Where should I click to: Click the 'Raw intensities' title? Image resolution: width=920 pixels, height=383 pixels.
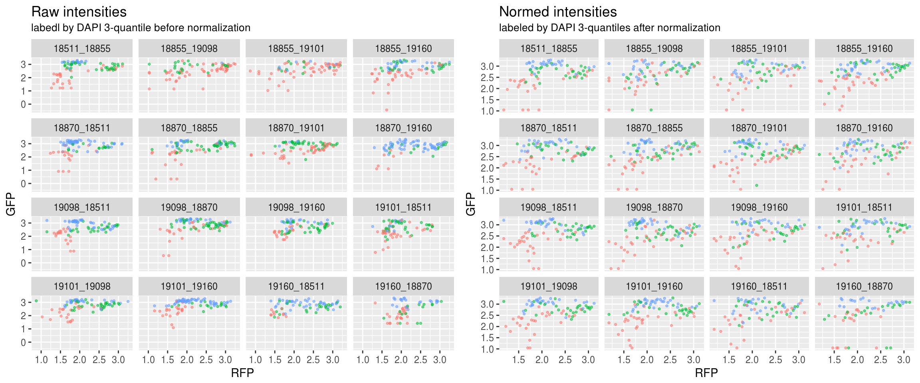[79, 12]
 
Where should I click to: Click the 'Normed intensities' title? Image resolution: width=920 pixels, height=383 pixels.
[558, 12]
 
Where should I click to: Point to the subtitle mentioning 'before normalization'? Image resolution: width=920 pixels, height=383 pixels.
[141, 28]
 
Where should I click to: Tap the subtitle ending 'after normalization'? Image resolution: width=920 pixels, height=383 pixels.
[610, 28]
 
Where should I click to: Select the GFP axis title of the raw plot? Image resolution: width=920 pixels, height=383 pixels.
[11, 204]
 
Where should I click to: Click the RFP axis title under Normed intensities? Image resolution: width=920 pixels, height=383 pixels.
[706, 373]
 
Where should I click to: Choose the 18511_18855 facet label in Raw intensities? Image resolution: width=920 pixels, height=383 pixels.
[82, 49]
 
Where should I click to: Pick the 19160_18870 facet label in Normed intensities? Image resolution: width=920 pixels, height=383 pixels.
[864, 286]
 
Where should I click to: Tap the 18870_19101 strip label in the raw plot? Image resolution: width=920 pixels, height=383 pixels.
[296, 128]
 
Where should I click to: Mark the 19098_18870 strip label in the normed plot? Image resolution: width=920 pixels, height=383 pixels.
[654, 207]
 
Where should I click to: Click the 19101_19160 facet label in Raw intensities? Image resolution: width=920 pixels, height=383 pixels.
[189, 286]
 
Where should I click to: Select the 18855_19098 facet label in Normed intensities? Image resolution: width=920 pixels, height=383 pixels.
[654, 49]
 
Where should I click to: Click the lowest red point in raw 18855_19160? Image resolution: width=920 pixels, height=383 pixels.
[387, 110]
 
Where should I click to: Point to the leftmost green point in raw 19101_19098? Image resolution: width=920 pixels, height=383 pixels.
[36, 301]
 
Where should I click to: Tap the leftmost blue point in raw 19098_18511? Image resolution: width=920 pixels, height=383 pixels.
[47, 220]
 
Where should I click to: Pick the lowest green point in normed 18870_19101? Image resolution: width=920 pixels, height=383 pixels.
[757, 185]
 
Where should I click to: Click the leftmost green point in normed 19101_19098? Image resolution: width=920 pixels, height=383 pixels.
[504, 301]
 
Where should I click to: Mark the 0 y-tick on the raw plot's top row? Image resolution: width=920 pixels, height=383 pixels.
[24, 105]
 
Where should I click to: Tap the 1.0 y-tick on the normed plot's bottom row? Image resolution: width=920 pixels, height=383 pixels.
[488, 349]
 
